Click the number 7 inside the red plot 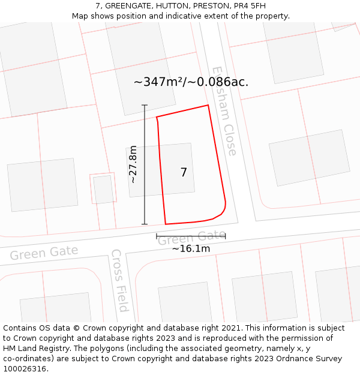184,173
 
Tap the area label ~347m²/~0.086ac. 191,82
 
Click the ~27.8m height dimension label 133,164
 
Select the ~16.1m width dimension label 191,248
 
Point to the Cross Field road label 119,280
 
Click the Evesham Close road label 224,111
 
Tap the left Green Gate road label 44,253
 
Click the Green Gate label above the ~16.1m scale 191,238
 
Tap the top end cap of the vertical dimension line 145,106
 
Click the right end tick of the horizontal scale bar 226,236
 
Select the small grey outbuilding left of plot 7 103,190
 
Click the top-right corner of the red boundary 208,106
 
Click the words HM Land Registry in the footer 34,349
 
